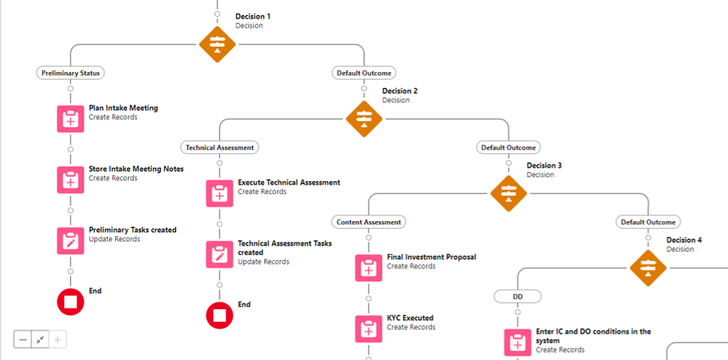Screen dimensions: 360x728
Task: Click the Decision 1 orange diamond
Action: [x=218, y=44]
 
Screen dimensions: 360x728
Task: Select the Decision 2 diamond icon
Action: [x=364, y=118]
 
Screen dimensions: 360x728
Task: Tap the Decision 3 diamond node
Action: [x=509, y=192]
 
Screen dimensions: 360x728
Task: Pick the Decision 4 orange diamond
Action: [x=648, y=267]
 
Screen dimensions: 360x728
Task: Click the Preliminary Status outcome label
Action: [x=71, y=73]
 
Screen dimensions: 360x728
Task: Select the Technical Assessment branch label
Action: [x=219, y=147]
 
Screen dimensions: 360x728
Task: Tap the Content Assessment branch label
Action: [x=368, y=222]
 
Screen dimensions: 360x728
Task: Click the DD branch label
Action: [x=517, y=296]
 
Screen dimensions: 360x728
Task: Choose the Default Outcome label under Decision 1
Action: [x=364, y=73]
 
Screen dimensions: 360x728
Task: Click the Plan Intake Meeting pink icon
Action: [x=71, y=119]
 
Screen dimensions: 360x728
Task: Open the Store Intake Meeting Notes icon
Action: [x=71, y=180]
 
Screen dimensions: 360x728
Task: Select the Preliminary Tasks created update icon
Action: [x=71, y=241]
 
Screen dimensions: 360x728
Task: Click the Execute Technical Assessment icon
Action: [x=219, y=193]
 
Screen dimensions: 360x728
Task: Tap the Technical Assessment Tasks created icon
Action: [x=219, y=254]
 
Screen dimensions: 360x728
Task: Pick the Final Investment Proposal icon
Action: [x=368, y=268]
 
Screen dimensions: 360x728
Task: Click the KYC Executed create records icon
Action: [x=368, y=329]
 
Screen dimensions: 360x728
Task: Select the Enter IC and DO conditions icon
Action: [x=517, y=342]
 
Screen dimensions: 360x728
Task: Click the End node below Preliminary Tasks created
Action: [x=71, y=302]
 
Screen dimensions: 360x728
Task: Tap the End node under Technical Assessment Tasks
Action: [x=219, y=315]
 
